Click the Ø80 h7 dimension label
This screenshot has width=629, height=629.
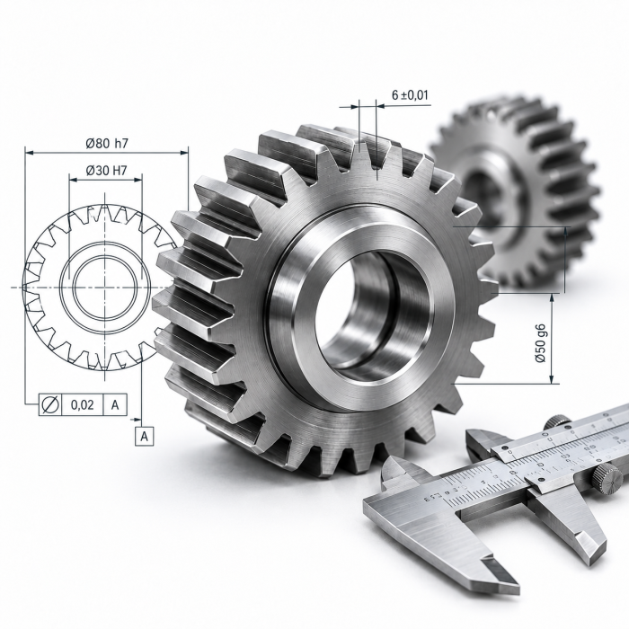(107, 143)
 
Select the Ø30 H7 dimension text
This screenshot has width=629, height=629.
(106, 171)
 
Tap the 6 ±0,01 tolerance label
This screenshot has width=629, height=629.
(410, 95)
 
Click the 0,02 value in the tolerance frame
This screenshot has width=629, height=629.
(83, 404)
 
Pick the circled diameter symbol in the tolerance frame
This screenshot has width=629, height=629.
(50, 404)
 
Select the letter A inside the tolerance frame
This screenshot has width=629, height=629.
(115, 404)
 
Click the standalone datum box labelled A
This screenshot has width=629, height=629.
(145, 437)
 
